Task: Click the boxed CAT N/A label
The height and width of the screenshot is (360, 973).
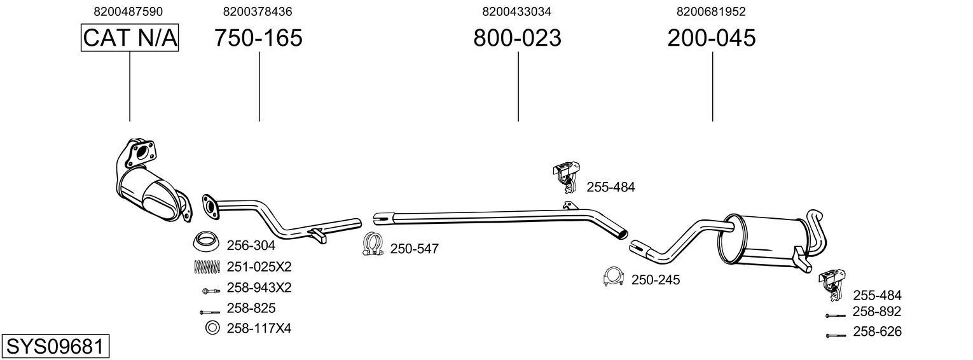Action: (x=130, y=38)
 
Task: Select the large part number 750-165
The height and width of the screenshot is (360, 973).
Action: (x=258, y=38)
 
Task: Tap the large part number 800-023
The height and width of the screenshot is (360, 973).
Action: (x=517, y=38)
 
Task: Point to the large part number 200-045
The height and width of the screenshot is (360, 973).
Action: (x=712, y=38)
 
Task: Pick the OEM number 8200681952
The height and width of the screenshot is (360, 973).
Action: (x=711, y=11)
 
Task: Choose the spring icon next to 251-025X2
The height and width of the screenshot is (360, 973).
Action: (x=206, y=267)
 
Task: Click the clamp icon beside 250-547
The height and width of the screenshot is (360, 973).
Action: (x=372, y=246)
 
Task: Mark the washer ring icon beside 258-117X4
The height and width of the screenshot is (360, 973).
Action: (x=211, y=328)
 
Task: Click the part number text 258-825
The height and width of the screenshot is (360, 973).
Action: (x=251, y=308)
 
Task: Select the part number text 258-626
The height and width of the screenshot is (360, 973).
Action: (x=877, y=331)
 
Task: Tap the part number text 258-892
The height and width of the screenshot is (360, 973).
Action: (x=877, y=312)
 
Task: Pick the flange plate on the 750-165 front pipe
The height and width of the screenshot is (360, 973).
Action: (x=210, y=205)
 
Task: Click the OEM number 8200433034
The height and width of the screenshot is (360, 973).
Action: (x=516, y=11)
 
